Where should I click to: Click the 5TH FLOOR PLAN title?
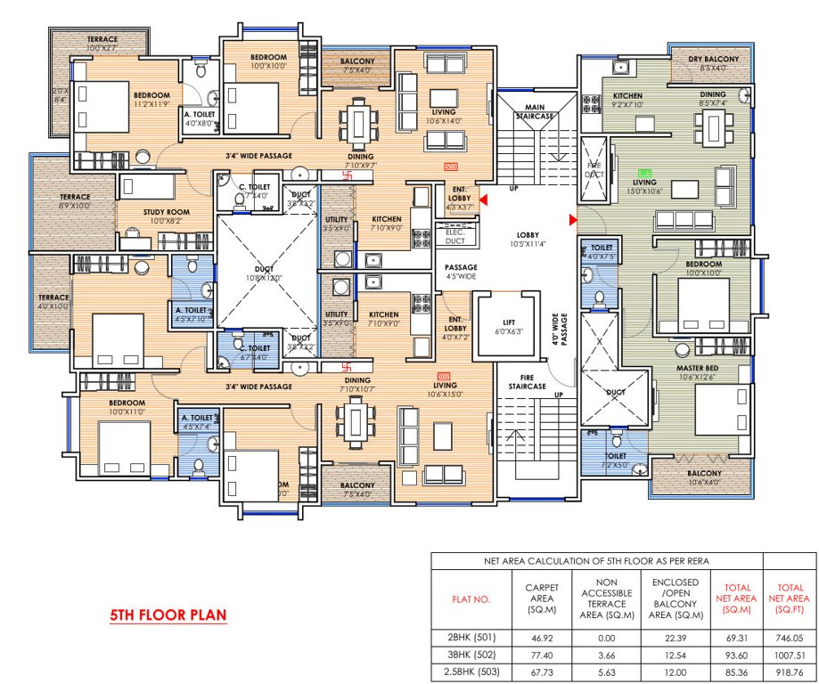[167, 615]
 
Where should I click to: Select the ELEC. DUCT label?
[455, 236]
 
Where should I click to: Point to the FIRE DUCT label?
[594, 169]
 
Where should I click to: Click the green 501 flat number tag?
[645, 173]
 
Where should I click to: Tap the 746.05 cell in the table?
[789, 638]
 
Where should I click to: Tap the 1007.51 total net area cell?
[789, 654]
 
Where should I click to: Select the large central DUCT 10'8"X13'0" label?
[264, 273]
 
